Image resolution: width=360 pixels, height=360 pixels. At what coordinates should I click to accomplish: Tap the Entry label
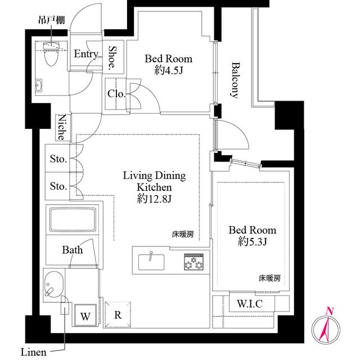[x=87, y=54]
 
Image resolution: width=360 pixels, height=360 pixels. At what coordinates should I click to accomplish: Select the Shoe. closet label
[x=112, y=57]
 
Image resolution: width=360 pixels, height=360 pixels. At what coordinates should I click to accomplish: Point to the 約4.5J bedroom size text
[x=168, y=70]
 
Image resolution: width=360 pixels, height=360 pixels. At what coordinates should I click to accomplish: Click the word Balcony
[x=235, y=79]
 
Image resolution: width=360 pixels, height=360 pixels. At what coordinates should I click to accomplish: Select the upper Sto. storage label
[x=58, y=160]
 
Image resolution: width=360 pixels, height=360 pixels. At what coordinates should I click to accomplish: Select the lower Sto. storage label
[x=58, y=186]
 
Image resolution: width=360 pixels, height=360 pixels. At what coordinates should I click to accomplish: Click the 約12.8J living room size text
[x=154, y=198]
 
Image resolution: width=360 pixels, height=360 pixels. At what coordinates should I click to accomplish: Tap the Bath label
[x=72, y=250]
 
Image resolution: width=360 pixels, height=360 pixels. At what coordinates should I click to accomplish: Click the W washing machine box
[x=85, y=315]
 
